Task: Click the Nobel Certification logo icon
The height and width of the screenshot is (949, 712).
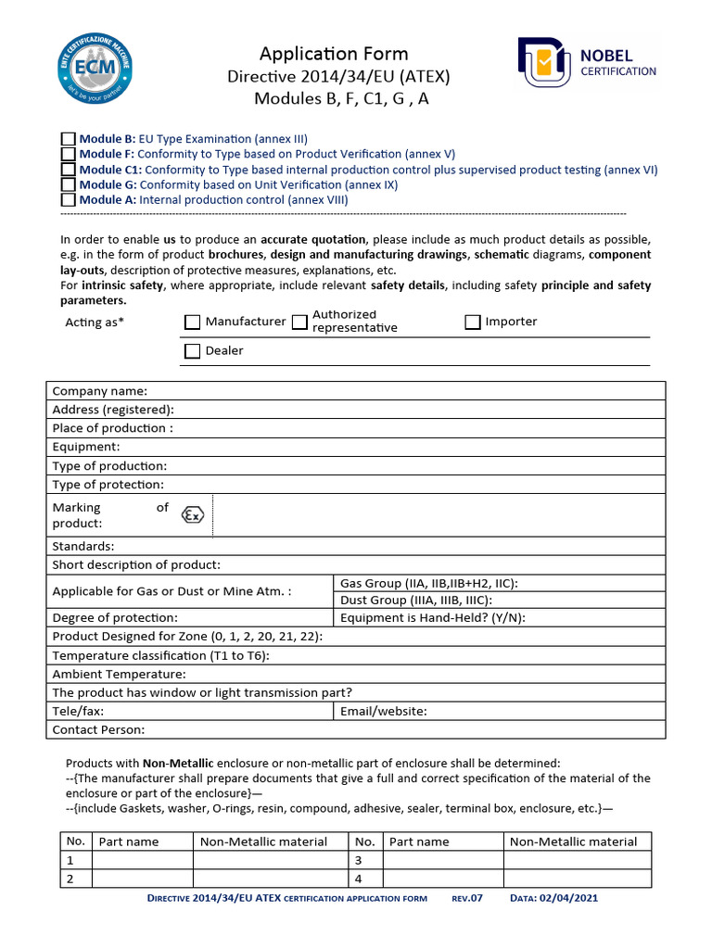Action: click(x=544, y=66)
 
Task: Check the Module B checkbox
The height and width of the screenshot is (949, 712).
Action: click(x=68, y=139)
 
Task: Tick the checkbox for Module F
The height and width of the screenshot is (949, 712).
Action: click(x=68, y=154)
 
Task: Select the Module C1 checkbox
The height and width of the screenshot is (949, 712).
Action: click(x=68, y=170)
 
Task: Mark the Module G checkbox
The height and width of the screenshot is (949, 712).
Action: click(x=68, y=184)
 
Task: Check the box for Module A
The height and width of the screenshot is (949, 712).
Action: click(x=68, y=199)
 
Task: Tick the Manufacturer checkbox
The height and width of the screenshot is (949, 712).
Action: click(x=192, y=322)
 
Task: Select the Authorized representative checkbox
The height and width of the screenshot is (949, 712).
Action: click(x=299, y=322)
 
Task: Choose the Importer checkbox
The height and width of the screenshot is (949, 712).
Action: click(x=472, y=322)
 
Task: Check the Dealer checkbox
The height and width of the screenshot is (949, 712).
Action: click(x=192, y=350)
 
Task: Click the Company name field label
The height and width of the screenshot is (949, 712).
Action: click(x=99, y=391)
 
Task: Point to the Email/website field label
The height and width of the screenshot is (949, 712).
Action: click(x=384, y=711)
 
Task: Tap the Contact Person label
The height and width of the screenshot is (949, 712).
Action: click(x=98, y=729)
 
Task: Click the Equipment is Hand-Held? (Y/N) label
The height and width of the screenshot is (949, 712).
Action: click(x=433, y=617)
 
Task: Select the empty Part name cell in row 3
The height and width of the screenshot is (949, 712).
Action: click(x=442, y=860)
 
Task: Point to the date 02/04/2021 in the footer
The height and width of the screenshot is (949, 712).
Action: click(x=578, y=898)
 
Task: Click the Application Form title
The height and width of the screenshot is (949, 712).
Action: click(x=333, y=54)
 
